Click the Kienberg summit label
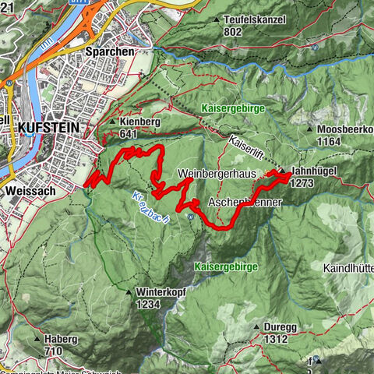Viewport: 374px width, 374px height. point(141,122)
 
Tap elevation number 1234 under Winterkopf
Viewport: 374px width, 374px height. point(150,305)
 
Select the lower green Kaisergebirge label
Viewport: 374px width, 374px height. point(225,266)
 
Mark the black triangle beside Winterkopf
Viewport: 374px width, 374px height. point(130,292)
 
